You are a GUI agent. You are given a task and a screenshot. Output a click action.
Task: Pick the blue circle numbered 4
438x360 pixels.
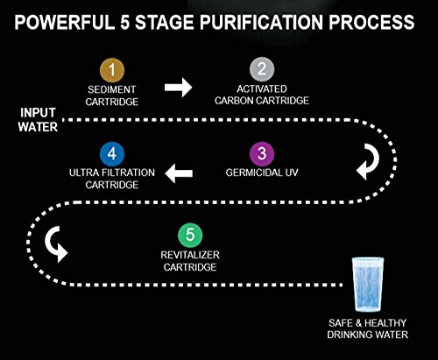pyautogui.click(x=109, y=153)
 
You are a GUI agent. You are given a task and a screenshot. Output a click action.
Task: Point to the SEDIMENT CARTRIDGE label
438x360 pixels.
pyautogui.click(x=109, y=95)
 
